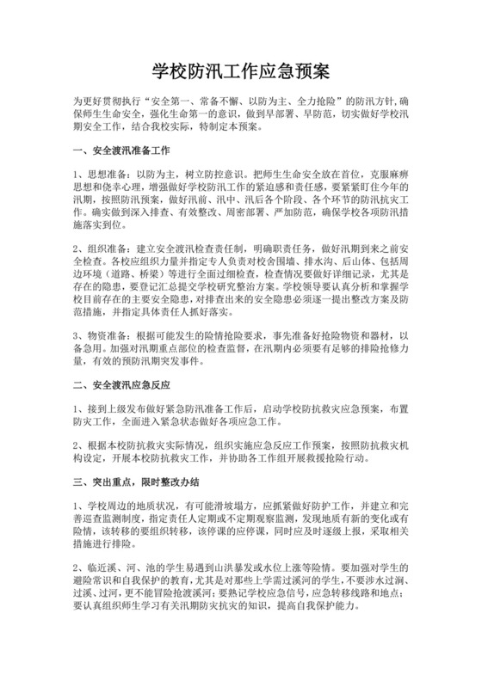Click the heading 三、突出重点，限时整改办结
pyautogui.click(x=139, y=482)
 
